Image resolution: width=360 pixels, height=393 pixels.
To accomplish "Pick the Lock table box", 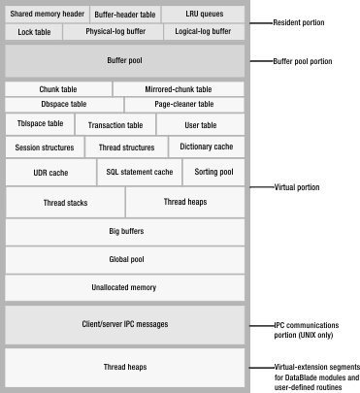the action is [34, 32].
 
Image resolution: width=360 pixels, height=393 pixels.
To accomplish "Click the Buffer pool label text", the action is [124, 60].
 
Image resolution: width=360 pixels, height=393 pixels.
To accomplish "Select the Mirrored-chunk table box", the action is [178, 89].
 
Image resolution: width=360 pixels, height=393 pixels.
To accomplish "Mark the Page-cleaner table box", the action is [183, 104].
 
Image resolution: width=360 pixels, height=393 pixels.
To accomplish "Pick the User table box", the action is [201, 125].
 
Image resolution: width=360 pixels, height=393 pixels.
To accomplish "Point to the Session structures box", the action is [45, 147].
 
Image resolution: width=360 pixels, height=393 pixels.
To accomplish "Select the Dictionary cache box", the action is [206, 147].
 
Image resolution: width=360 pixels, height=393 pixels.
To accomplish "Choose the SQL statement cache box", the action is [140, 173].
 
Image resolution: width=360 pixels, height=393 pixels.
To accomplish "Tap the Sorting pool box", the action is [213, 173].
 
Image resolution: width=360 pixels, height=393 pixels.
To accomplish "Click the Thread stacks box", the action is [65, 203].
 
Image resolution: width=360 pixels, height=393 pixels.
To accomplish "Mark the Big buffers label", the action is [124, 233].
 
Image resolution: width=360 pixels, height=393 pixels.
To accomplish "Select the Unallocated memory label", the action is [124, 287].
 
